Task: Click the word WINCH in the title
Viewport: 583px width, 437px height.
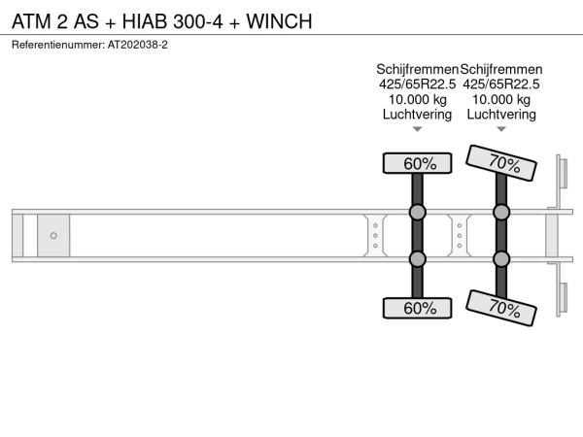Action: (279, 21)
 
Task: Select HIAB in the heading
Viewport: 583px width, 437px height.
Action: (145, 21)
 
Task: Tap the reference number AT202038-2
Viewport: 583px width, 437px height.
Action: (138, 45)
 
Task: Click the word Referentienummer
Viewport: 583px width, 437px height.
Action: (58, 45)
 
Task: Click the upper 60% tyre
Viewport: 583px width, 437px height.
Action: (417, 163)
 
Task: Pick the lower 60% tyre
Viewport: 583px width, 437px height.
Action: (417, 308)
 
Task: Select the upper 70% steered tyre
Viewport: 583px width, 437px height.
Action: (501, 163)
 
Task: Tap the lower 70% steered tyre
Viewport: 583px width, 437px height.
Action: (501, 308)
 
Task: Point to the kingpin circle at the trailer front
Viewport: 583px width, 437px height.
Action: (53, 236)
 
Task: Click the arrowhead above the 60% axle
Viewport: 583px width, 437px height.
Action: (418, 129)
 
